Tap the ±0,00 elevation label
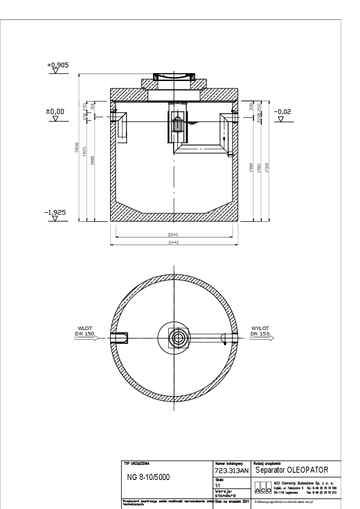pyautogui.click(x=56, y=112)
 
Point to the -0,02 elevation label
pyautogui.click(x=282, y=112)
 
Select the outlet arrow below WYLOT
pyautogui.click(x=261, y=339)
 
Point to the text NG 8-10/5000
pyautogui.click(x=148, y=477)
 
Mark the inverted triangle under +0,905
pyautogui.click(x=56, y=71)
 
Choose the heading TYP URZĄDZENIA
pyautogui.click(x=136, y=462)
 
